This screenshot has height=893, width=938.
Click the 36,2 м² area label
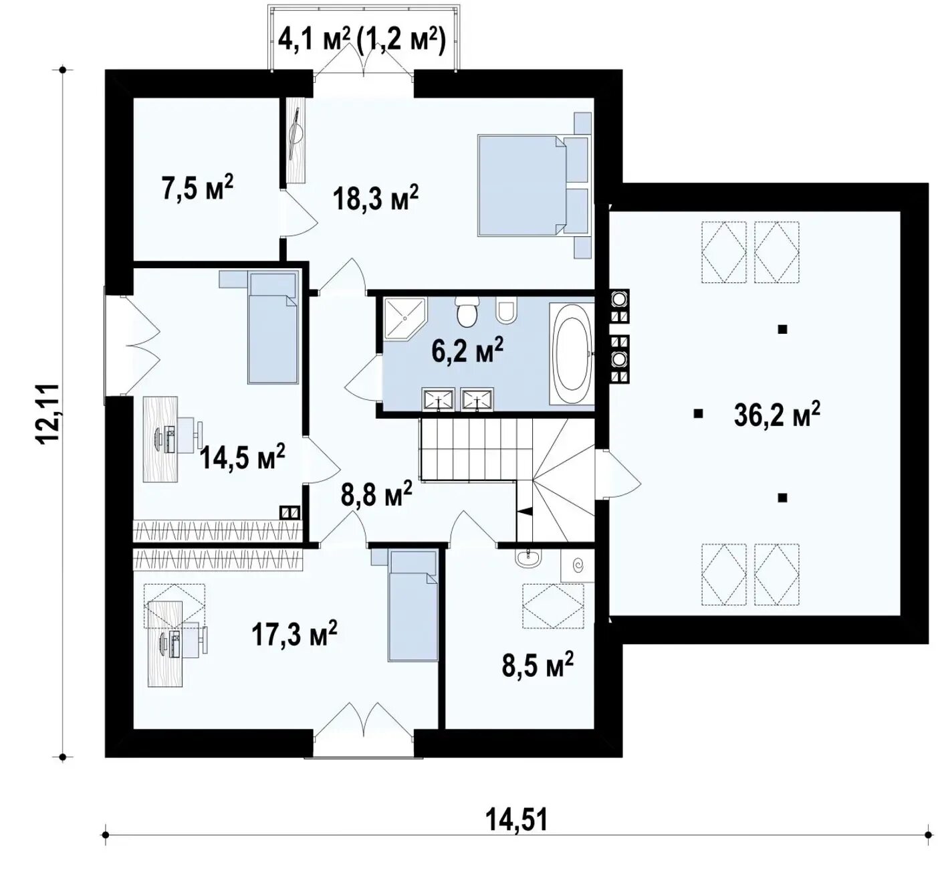[777, 413]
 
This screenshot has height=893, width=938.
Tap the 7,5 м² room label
[197, 188]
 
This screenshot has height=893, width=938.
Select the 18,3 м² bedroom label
[376, 198]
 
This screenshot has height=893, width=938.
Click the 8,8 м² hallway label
[376, 493]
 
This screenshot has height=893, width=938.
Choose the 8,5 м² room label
[538, 664]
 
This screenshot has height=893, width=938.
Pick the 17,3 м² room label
[294, 633]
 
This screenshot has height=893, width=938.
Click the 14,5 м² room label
[243, 456]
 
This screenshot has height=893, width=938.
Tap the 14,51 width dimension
[517, 820]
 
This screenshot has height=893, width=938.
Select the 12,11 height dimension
[49, 414]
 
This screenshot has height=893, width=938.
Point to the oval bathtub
[573, 353]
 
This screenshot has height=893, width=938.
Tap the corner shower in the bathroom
[404, 318]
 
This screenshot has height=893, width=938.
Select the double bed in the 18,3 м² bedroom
[534, 185]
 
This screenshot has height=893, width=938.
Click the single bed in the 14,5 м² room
[272, 327]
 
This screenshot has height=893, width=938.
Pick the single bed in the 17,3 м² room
[413, 605]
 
